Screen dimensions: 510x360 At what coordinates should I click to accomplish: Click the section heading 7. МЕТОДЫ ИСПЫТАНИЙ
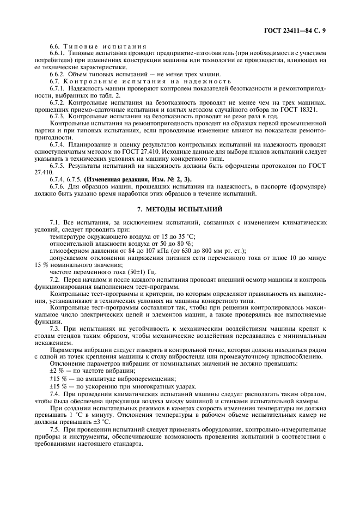click(180, 208)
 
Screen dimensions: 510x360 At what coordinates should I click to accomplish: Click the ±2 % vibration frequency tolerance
click(57, 369)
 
